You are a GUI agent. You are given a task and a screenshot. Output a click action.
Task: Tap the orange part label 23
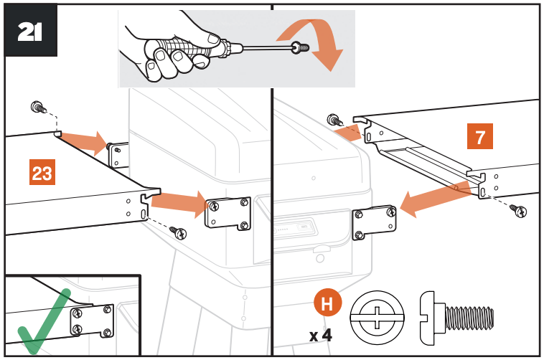[42, 173]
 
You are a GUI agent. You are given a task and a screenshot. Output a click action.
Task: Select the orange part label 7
[479, 136]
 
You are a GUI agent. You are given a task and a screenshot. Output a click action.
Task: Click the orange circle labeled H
[327, 303]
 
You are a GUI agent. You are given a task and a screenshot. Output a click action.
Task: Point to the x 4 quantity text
[320, 334]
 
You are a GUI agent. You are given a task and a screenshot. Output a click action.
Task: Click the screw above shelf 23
[37, 108]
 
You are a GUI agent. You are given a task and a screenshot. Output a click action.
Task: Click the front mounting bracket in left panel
[228, 214]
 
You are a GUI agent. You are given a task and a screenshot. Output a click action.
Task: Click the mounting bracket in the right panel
[374, 224]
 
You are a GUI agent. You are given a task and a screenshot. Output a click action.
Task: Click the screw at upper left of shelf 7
[334, 120]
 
